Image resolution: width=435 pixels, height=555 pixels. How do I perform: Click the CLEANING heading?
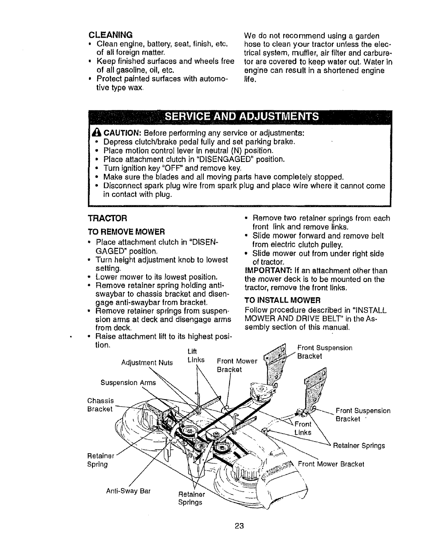pos(110,35)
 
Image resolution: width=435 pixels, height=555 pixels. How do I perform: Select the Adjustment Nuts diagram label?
pos(147,363)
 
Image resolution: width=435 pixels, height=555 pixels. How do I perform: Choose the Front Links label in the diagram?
pos(302,428)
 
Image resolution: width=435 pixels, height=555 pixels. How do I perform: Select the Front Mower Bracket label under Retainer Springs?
pos(331,464)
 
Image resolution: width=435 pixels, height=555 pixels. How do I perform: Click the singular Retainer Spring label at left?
pos(97,460)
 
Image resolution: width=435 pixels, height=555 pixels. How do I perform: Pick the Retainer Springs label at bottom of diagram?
pos(191,499)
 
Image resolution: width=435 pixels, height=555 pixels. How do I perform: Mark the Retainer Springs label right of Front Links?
pos(359,446)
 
